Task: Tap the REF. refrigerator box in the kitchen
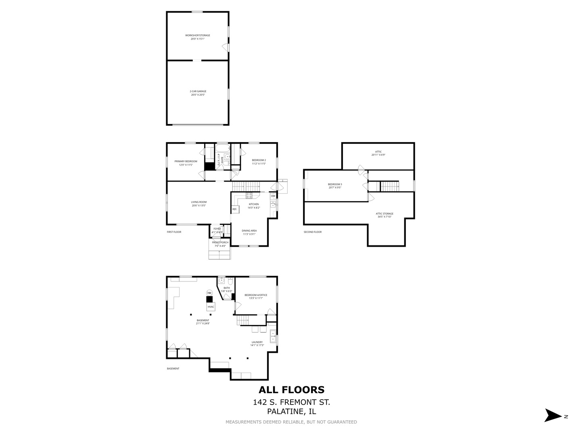234,209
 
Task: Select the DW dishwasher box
273,196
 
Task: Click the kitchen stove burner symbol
249,195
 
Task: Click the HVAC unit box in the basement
211,307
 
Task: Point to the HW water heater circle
209,293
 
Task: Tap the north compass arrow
553,415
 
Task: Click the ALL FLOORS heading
291,390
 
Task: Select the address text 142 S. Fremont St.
291,402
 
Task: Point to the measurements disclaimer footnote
291,422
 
